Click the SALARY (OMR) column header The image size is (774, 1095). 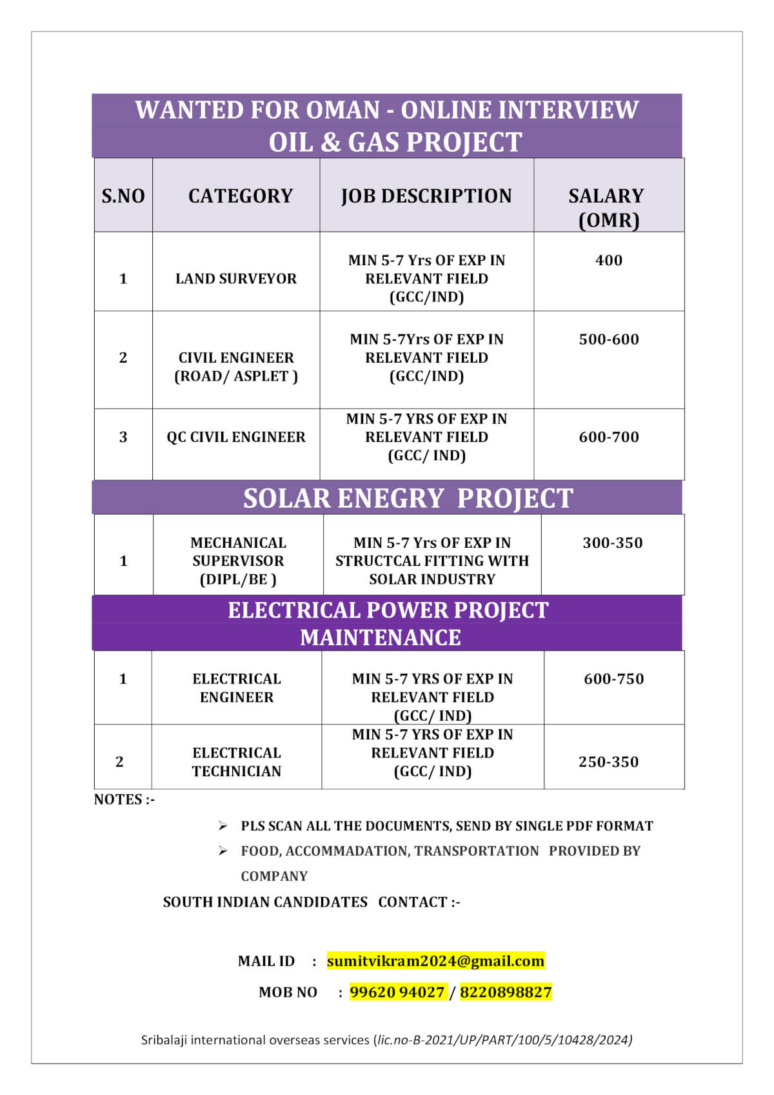[x=606, y=207]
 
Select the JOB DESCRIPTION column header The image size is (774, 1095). [x=426, y=196]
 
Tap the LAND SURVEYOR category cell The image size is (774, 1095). [x=236, y=279]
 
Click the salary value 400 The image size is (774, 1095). [x=608, y=260]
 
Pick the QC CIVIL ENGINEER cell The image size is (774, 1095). [x=236, y=437]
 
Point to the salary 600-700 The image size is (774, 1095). [x=608, y=437]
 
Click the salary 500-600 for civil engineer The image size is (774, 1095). [x=608, y=339]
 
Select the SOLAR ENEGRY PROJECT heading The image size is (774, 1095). [x=408, y=498]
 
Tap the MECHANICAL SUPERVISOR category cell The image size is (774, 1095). [x=238, y=561]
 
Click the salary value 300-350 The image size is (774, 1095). [x=612, y=543]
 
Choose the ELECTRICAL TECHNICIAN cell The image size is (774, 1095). [x=237, y=762]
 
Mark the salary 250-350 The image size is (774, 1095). [x=608, y=762]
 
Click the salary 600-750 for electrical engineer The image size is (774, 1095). [x=613, y=679]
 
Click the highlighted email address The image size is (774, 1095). [x=435, y=961]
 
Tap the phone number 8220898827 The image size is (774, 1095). [x=506, y=992]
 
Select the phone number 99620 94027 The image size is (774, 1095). [x=397, y=992]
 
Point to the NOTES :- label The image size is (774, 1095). [x=124, y=799]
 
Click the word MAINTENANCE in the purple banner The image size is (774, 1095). [x=381, y=638]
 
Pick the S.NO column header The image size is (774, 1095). [x=123, y=196]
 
